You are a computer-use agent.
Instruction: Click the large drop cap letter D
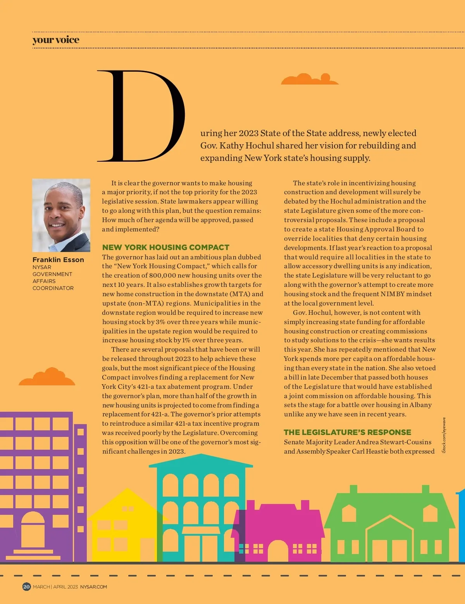pos(141,116)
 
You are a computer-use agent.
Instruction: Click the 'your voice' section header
pos(56,40)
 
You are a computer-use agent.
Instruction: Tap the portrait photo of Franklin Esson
pos(61,215)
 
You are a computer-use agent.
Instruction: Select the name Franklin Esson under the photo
pos(58,260)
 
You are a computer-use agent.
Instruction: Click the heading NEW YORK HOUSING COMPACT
pos(165,247)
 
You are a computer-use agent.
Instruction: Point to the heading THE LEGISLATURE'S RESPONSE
pos(347,432)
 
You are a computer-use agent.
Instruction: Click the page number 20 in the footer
pos(26,587)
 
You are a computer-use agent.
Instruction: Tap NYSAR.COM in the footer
pos(93,587)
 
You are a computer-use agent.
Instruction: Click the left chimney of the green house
pos(353,489)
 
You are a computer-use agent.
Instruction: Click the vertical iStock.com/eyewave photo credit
pos(444,435)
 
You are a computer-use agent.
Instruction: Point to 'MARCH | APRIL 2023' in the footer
pos(55,587)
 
